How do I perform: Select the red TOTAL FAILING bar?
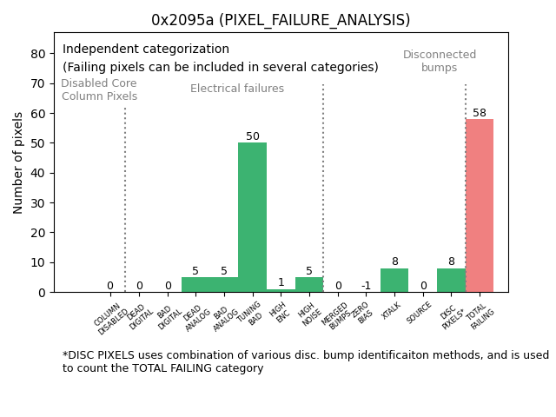click(479, 206)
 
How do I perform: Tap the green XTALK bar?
click(394, 280)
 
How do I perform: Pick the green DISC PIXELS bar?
click(451, 280)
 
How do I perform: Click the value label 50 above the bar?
click(253, 136)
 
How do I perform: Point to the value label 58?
click(480, 113)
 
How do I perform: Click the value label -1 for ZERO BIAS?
click(366, 286)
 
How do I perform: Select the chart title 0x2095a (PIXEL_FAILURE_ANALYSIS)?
click(281, 20)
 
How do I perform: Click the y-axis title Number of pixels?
click(19, 162)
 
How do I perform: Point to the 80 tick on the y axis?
click(39, 53)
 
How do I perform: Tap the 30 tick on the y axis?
click(39, 202)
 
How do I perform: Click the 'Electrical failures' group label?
click(237, 89)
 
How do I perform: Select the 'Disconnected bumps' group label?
click(440, 61)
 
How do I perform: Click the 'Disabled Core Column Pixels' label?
click(99, 89)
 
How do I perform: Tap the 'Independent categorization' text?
click(146, 50)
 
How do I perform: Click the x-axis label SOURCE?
click(420, 312)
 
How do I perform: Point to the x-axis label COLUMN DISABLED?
click(109, 318)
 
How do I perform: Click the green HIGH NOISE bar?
click(309, 284)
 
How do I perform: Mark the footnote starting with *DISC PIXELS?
click(305, 361)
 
